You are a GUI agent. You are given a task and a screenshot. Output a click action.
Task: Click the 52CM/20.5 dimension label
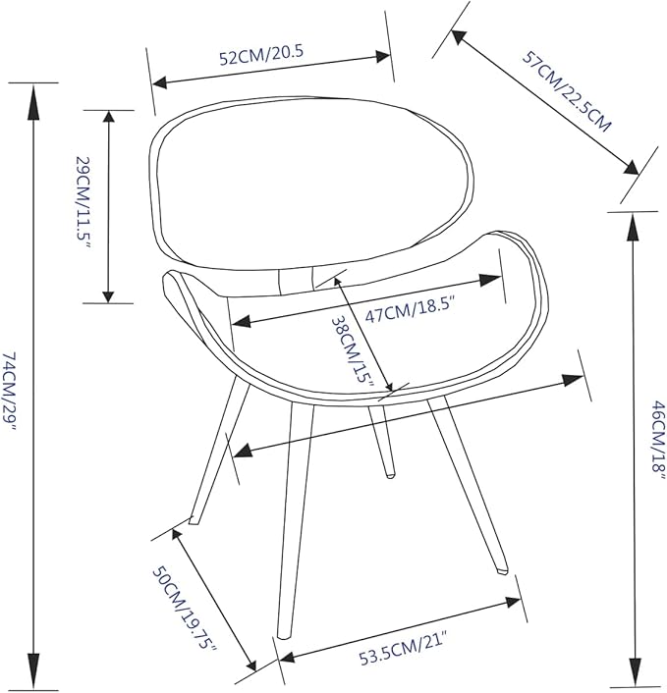261,55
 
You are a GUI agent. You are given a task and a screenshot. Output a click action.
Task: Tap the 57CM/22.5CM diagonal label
568,91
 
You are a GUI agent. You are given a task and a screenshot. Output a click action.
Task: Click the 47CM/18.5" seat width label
410,311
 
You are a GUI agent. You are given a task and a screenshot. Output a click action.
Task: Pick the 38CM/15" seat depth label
353,349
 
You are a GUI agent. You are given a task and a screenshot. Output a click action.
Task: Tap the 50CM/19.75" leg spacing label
185,609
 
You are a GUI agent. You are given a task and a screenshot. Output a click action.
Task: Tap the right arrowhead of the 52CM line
383,57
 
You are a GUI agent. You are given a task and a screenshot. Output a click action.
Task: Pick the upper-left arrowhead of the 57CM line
459,37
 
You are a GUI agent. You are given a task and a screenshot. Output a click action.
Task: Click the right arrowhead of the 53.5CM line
513,602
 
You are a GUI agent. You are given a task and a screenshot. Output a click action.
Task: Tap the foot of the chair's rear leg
390,475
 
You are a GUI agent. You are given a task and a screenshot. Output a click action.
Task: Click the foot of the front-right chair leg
502,570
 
